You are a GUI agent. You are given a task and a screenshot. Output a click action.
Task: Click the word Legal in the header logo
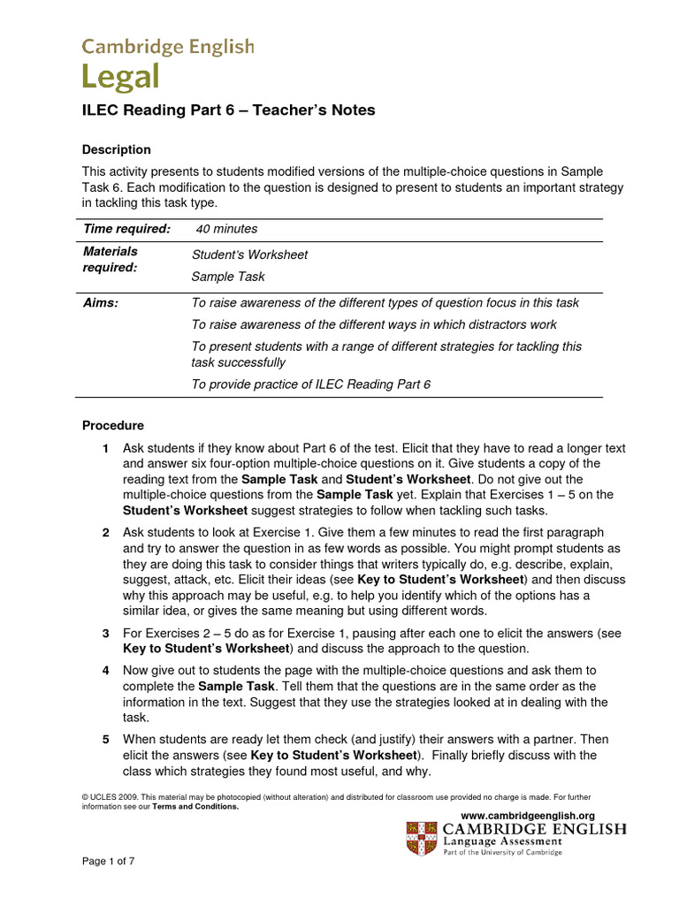pyautogui.click(x=121, y=77)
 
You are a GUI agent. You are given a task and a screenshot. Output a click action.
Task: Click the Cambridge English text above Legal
pyautogui.click(x=168, y=46)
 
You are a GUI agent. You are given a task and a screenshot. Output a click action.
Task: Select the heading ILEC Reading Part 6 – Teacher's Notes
pyautogui.click(x=229, y=110)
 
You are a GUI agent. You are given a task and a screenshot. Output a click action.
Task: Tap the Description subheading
pyautogui.click(x=117, y=149)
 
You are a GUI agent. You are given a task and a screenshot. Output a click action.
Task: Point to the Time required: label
pyautogui.click(x=127, y=229)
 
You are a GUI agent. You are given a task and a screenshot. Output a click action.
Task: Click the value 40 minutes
pyautogui.click(x=227, y=229)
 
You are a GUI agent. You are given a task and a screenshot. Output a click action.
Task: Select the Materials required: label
pyautogui.click(x=111, y=260)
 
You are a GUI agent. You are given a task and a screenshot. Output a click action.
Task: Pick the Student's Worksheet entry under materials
pyautogui.click(x=250, y=255)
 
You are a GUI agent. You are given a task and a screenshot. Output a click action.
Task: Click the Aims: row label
pyautogui.click(x=101, y=302)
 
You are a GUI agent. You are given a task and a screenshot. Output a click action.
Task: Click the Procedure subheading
pyautogui.click(x=112, y=425)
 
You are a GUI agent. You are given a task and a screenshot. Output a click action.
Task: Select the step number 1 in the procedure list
pyautogui.click(x=105, y=448)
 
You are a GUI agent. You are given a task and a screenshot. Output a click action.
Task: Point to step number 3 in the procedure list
pyautogui.click(x=105, y=635)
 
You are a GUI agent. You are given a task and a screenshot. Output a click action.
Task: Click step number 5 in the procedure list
pyautogui.click(x=105, y=739)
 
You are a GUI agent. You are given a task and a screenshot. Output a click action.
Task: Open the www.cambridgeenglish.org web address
pyautogui.click(x=528, y=815)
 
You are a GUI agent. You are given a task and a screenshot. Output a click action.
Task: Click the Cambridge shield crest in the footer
pyautogui.click(x=421, y=838)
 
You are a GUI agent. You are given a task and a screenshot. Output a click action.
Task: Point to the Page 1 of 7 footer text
pyautogui.click(x=108, y=860)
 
